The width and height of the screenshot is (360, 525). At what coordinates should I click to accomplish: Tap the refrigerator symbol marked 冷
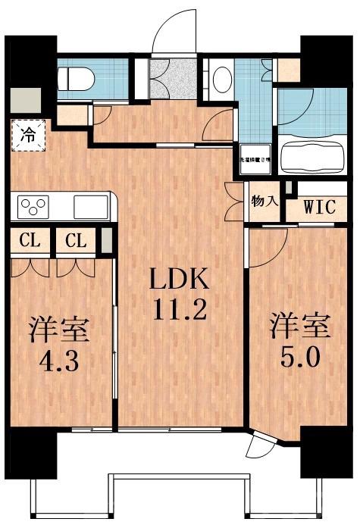pyautogui.click(x=27, y=137)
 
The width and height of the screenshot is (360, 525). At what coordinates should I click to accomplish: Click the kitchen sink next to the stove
pyautogui.click(x=90, y=206)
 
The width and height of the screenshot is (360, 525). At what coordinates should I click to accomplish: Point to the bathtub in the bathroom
pyautogui.click(x=313, y=157)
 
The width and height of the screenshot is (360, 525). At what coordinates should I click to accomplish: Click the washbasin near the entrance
pyautogui.click(x=222, y=79)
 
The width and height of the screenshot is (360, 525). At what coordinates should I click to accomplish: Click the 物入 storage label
pyautogui.click(x=265, y=202)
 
